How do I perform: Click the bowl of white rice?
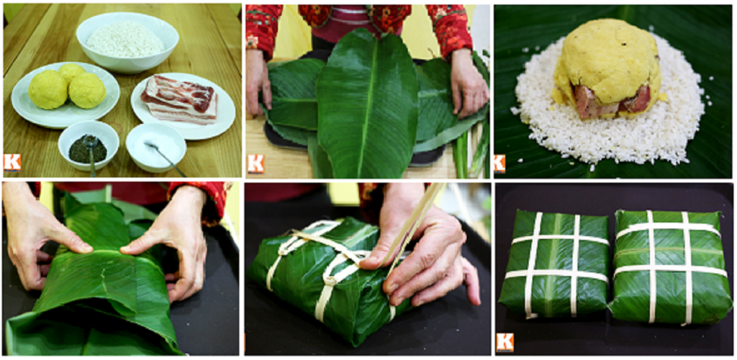click(x=127, y=40)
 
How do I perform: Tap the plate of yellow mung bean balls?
click(x=65, y=92)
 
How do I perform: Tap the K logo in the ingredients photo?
click(x=12, y=162)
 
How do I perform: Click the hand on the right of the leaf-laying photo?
click(x=468, y=83)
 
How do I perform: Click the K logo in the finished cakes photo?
click(x=505, y=341)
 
